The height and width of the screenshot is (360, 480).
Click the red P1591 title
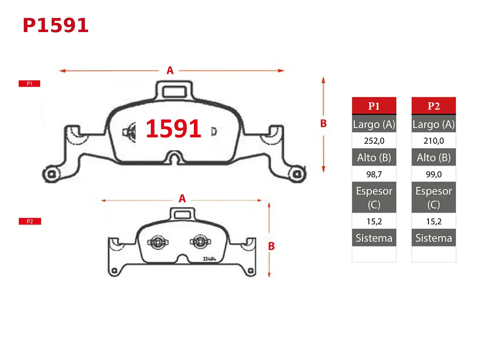56,25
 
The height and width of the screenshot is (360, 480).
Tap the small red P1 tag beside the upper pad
29,84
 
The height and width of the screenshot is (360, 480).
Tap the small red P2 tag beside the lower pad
30,221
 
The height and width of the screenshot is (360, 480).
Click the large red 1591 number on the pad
173,129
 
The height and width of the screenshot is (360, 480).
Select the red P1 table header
374,106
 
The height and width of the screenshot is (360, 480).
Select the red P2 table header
433,106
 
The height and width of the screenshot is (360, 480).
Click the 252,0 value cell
374,141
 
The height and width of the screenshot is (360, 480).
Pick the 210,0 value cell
433,141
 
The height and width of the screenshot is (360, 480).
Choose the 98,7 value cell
374,174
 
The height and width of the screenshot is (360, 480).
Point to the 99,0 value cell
433,174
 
